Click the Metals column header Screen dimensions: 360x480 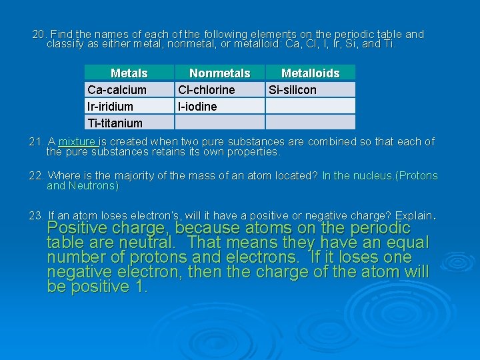point(129,73)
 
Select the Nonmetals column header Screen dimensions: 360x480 point(219,73)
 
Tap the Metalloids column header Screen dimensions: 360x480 point(310,73)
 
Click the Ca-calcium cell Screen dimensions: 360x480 point(117,90)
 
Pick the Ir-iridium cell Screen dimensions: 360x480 point(111,107)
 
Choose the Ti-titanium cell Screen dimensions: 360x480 point(115,123)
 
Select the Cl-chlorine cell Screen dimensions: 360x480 point(206,90)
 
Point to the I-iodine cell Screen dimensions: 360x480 point(197,107)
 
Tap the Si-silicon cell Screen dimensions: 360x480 point(292,90)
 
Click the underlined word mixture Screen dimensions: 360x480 point(78,142)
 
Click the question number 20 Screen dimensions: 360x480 point(39,34)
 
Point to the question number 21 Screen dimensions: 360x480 point(36,142)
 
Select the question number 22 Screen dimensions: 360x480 point(36,176)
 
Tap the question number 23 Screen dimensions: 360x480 point(36,216)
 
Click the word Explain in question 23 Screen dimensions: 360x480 point(413,216)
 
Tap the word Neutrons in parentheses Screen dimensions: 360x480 point(93,186)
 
